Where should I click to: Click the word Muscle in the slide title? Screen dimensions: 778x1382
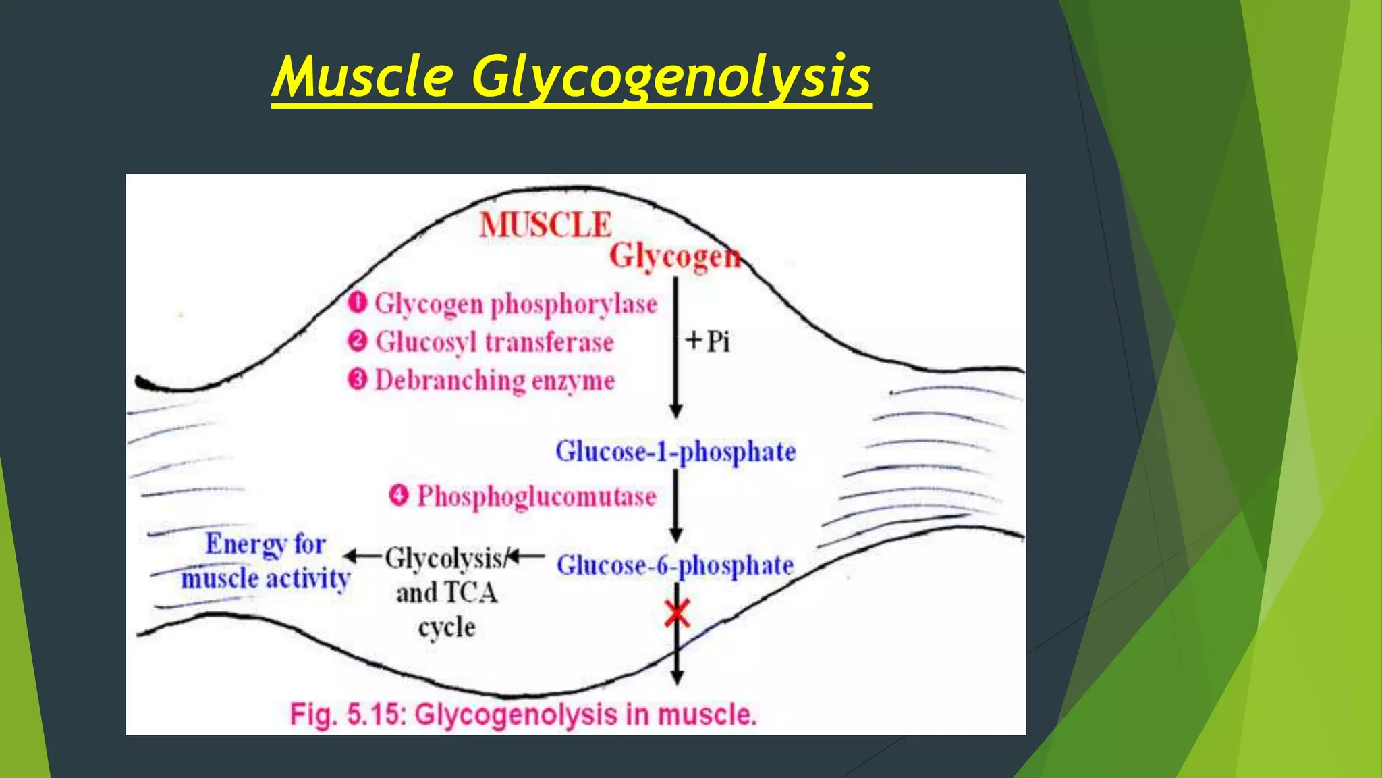tap(362, 76)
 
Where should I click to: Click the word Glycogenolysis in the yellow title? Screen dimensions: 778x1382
tap(671, 77)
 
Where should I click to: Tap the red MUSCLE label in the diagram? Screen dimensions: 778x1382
tap(545, 225)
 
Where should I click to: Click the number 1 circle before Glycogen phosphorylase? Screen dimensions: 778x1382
tap(358, 303)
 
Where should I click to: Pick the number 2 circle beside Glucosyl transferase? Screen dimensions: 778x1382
tap(358, 341)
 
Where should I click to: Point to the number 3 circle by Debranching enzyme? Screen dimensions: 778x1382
tap(358, 379)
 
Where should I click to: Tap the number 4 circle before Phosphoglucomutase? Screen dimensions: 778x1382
tap(399, 496)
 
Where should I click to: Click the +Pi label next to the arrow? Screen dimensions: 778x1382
tap(708, 341)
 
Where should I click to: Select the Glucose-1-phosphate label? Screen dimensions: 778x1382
tap(675, 452)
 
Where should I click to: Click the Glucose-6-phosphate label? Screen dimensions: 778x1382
tap(675, 565)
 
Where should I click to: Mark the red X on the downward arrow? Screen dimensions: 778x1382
tap(677, 613)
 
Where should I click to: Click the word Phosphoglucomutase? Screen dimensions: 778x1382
tap(536, 497)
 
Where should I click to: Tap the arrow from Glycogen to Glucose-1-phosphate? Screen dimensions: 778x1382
tap(675, 348)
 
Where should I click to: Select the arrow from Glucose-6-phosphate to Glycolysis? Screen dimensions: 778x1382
tap(526, 556)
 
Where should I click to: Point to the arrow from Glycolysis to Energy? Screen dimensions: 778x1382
tap(363, 556)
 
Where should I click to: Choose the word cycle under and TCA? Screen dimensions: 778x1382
tap(447, 628)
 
